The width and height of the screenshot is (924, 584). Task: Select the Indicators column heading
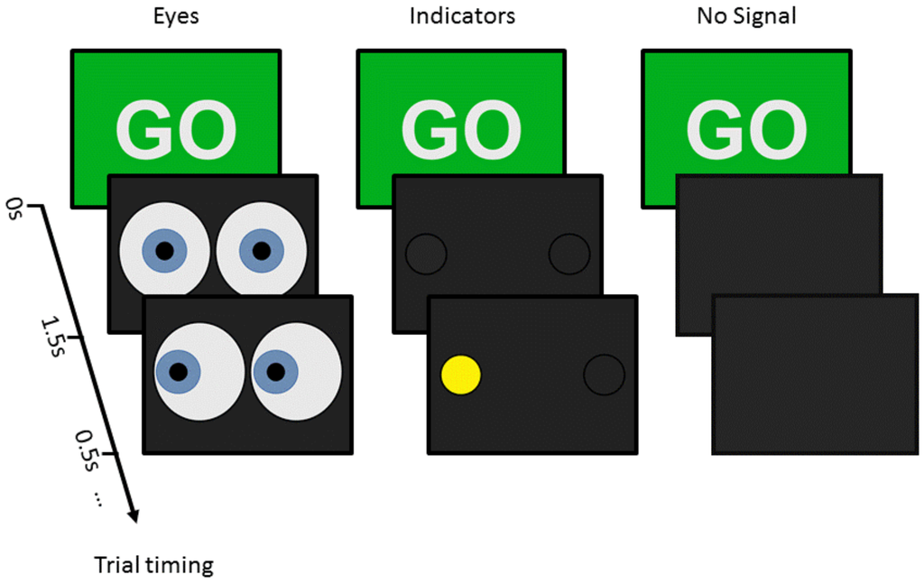(x=461, y=17)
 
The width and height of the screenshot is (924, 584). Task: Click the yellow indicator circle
(x=460, y=375)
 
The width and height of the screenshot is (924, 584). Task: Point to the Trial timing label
(x=154, y=566)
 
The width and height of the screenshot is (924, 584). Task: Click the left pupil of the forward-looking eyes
(x=164, y=252)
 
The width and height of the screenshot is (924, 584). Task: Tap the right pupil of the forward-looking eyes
(x=262, y=252)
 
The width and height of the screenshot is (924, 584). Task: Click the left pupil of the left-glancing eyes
(x=179, y=371)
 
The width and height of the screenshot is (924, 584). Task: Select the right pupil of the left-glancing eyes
(x=276, y=371)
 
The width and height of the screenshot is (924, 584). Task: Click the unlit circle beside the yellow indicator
(x=604, y=375)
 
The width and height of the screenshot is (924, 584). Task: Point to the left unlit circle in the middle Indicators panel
(x=425, y=254)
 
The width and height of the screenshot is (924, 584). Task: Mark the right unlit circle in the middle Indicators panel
(x=568, y=254)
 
